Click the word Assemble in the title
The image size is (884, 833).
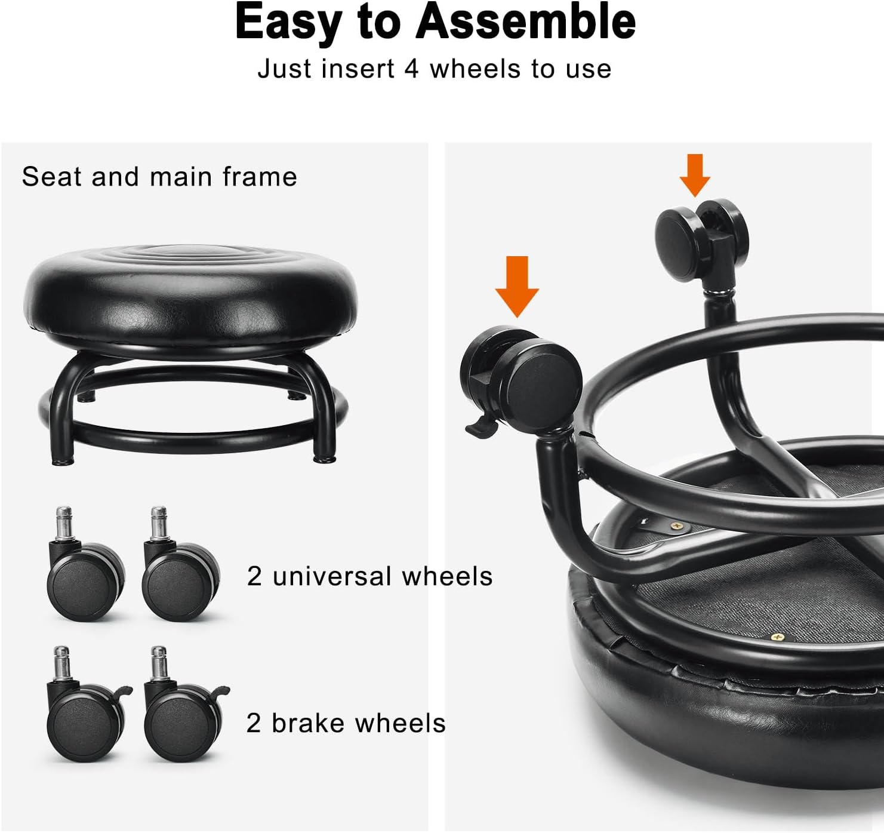(525, 21)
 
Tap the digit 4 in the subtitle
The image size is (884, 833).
(411, 69)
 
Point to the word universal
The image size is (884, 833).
(332, 576)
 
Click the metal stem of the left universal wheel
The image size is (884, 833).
(64, 523)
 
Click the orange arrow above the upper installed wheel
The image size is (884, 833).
(695, 175)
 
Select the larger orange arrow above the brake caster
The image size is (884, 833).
(518, 286)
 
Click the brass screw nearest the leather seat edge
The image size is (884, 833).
(778, 638)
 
